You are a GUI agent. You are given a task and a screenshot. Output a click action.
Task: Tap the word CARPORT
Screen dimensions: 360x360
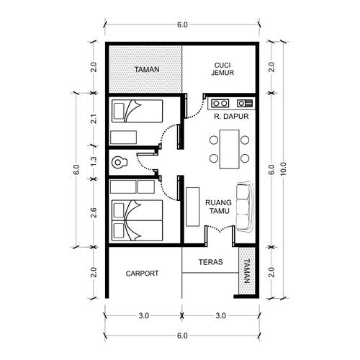pos(142,274)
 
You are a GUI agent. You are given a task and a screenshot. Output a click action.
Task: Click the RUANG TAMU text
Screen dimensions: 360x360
pos(217,207)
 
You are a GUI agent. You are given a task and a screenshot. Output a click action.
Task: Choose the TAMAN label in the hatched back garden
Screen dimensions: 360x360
pos(146,70)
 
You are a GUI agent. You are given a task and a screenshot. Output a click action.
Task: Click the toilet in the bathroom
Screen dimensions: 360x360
pos(119,162)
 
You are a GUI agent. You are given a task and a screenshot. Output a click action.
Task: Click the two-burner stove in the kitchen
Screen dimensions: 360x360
pos(220,102)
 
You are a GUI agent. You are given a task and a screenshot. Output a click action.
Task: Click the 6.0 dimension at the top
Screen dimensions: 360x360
pos(181,25)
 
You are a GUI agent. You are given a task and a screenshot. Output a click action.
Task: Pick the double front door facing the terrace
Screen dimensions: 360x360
pos(218,230)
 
